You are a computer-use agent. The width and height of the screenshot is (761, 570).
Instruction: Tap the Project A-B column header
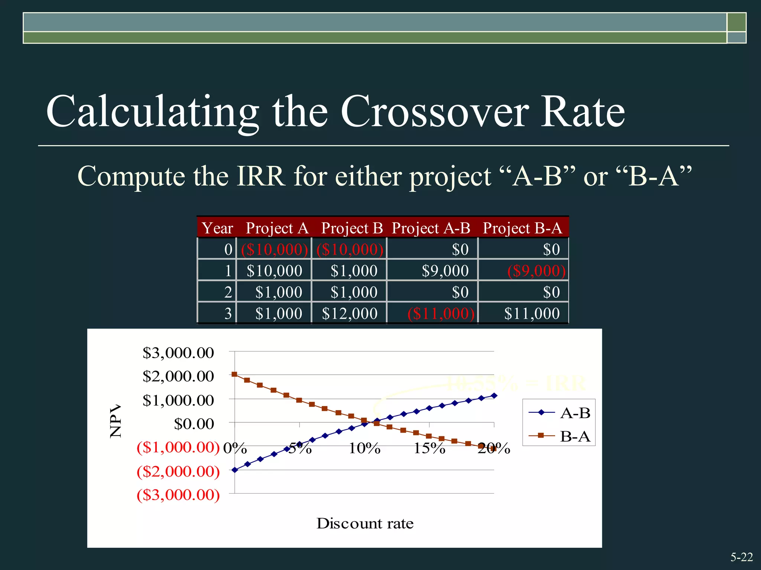point(431,228)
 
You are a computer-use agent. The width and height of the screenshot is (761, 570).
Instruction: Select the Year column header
point(217,228)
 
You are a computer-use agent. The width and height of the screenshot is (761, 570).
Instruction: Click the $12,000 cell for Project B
point(350,314)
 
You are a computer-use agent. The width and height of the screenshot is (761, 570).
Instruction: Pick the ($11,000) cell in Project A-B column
point(441,314)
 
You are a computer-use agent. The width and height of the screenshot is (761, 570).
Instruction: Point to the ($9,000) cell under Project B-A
point(536,271)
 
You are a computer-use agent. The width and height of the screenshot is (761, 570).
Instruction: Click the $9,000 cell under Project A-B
point(445,271)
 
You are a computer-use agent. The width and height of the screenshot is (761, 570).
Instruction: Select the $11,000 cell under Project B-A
point(532,314)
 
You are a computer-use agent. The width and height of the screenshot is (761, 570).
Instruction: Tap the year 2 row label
point(228,292)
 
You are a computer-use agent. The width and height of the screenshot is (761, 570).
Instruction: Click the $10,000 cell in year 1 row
point(274,271)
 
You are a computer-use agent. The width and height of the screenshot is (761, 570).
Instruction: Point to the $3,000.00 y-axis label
point(178,353)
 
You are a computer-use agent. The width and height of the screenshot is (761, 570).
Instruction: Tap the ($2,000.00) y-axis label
point(178,471)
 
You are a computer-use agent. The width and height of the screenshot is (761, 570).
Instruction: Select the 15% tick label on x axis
point(430,449)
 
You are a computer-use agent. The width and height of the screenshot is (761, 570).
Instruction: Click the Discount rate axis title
point(365,523)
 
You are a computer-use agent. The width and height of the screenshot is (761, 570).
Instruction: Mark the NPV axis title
point(116,421)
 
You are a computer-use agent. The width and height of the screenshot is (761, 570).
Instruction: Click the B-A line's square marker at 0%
point(234,374)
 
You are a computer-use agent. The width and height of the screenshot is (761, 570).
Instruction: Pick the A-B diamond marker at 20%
point(494,396)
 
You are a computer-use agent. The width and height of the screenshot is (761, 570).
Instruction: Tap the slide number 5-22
point(741,557)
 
